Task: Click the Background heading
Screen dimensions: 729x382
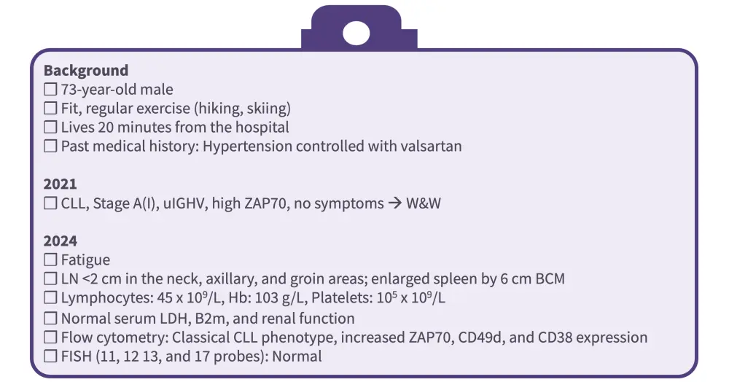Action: click(x=86, y=71)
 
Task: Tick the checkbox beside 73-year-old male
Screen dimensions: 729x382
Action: click(x=50, y=89)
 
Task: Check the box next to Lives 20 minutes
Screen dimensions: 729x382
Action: click(x=50, y=128)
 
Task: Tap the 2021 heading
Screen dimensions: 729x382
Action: click(x=60, y=184)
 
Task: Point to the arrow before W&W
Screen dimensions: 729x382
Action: click(x=394, y=203)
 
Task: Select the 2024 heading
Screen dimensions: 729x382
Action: click(x=60, y=241)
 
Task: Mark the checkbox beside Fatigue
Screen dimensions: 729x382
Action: click(x=50, y=260)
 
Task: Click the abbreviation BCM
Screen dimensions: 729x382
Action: click(x=550, y=278)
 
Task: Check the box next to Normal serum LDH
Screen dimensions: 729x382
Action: click(x=50, y=319)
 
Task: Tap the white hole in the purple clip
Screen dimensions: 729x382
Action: click(x=356, y=34)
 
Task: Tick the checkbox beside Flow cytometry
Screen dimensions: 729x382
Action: click(x=50, y=338)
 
